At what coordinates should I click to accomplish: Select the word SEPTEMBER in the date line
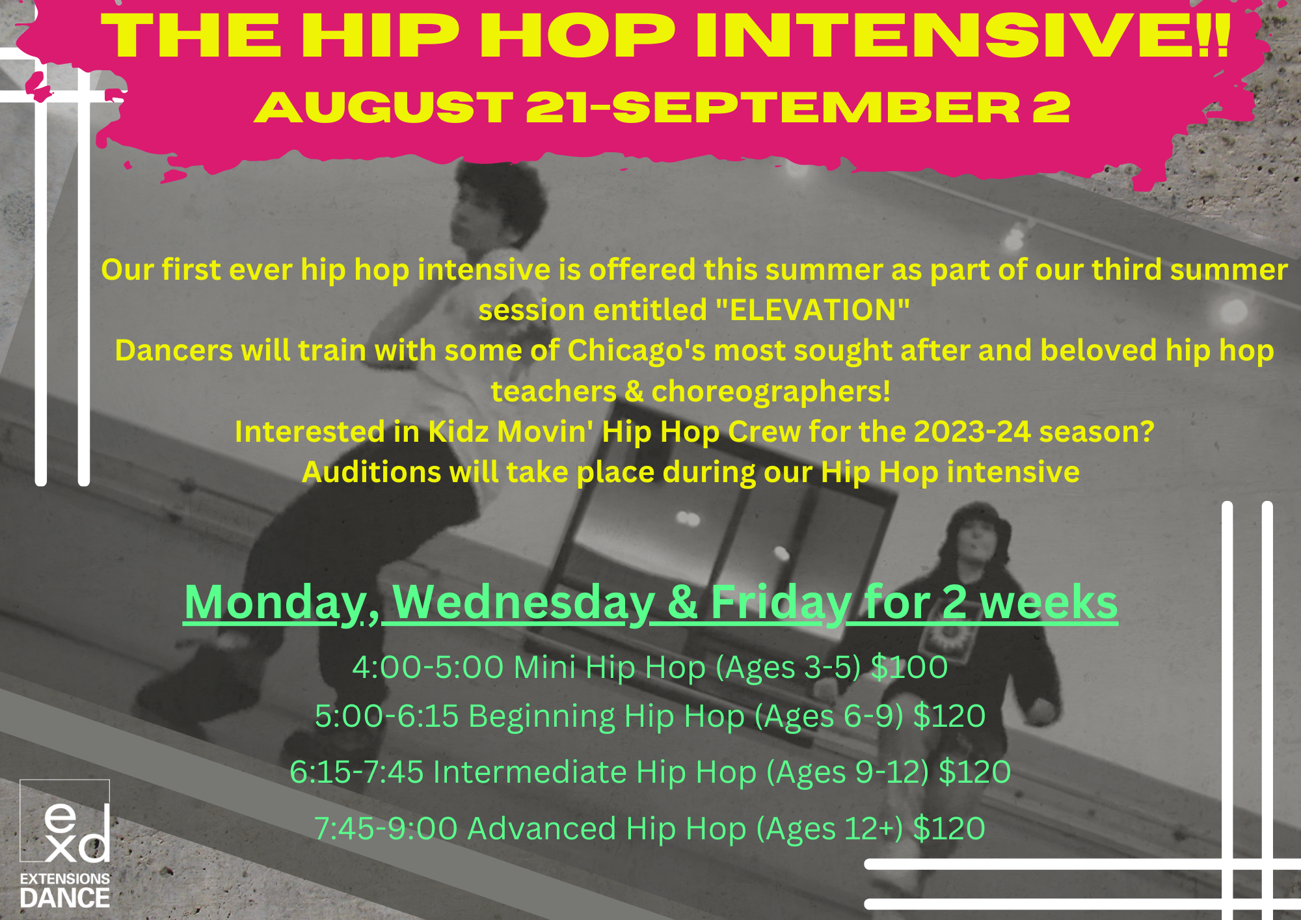tap(816, 107)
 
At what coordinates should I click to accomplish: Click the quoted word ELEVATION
tap(812, 310)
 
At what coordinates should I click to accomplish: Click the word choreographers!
tap(771, 392)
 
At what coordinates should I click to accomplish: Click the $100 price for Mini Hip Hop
tap(909, 667)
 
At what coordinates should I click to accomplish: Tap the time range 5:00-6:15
tap(387, 716)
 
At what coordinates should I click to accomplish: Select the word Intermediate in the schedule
tap(530, 772)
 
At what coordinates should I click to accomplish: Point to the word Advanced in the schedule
tap(542, 828)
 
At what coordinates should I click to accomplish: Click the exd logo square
tap(65, 820)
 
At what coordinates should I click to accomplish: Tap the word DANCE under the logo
tap(65, 899)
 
